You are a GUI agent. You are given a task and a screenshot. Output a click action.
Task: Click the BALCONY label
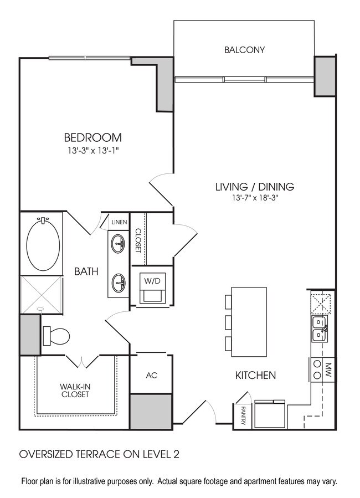coord(244,50)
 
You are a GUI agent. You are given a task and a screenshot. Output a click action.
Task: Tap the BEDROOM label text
coord(92,137)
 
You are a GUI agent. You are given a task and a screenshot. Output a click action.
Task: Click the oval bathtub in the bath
coord(44,244)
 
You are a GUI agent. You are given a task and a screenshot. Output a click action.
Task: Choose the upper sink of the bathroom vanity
coord(119,243)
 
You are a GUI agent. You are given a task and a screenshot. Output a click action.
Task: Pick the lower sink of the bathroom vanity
coord(119,283)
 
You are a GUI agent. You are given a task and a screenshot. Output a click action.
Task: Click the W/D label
coord(152,281)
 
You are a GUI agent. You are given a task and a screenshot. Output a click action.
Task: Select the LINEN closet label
coord(119,222)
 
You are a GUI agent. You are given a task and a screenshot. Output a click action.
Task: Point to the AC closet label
coord(152,376)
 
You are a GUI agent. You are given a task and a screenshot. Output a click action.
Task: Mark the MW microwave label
coord(327,368)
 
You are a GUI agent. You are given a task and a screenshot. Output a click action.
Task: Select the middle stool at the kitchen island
coord(229,322)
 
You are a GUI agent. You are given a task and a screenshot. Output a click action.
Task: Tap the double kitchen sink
coord(320,328)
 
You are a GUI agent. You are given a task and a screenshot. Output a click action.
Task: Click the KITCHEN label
coord(255,376)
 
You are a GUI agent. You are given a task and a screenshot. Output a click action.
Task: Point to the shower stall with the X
coord(41,292)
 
